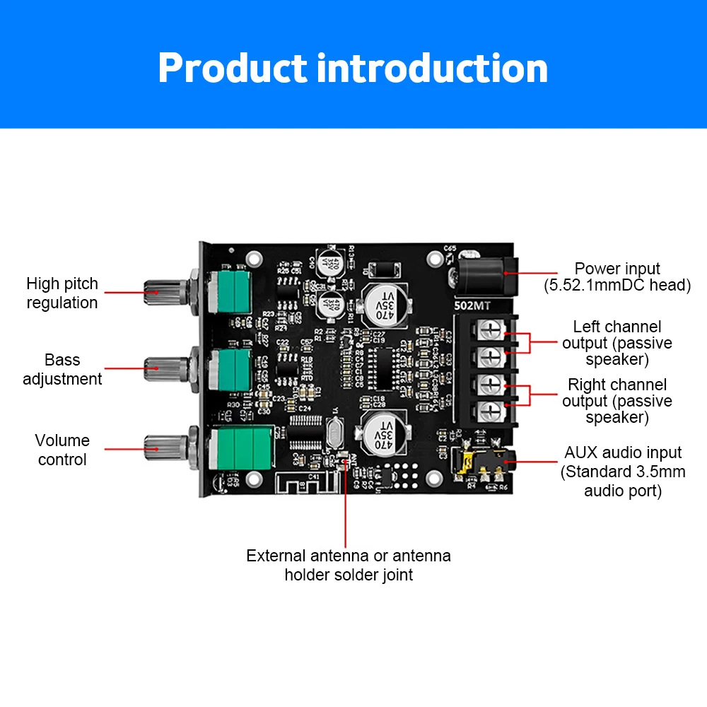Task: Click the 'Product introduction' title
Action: click(353, 69)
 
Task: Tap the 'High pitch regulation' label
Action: click(62, 293)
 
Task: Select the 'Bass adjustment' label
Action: click(62, 369)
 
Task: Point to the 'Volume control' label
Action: click(62, 450)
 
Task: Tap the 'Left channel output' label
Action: click(617, 343)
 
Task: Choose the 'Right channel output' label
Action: click(617, 401)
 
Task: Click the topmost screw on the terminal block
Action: click(492, 329)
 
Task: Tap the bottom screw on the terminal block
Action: click(492, 410)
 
